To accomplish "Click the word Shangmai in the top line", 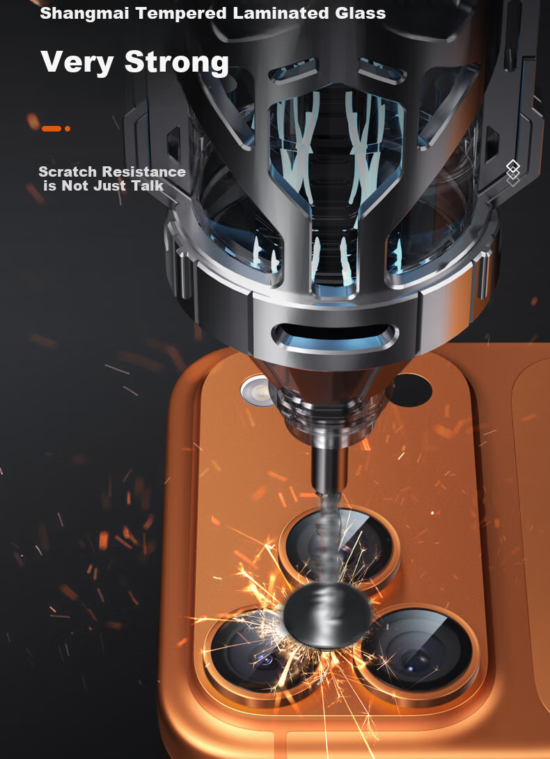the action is coord(84,13).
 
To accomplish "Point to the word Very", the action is coord(77,63).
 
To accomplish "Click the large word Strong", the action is coord(177,61).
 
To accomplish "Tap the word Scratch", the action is coord(68,172).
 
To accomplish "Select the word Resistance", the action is coord(144,172).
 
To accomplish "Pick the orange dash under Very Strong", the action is coord(52,129).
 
